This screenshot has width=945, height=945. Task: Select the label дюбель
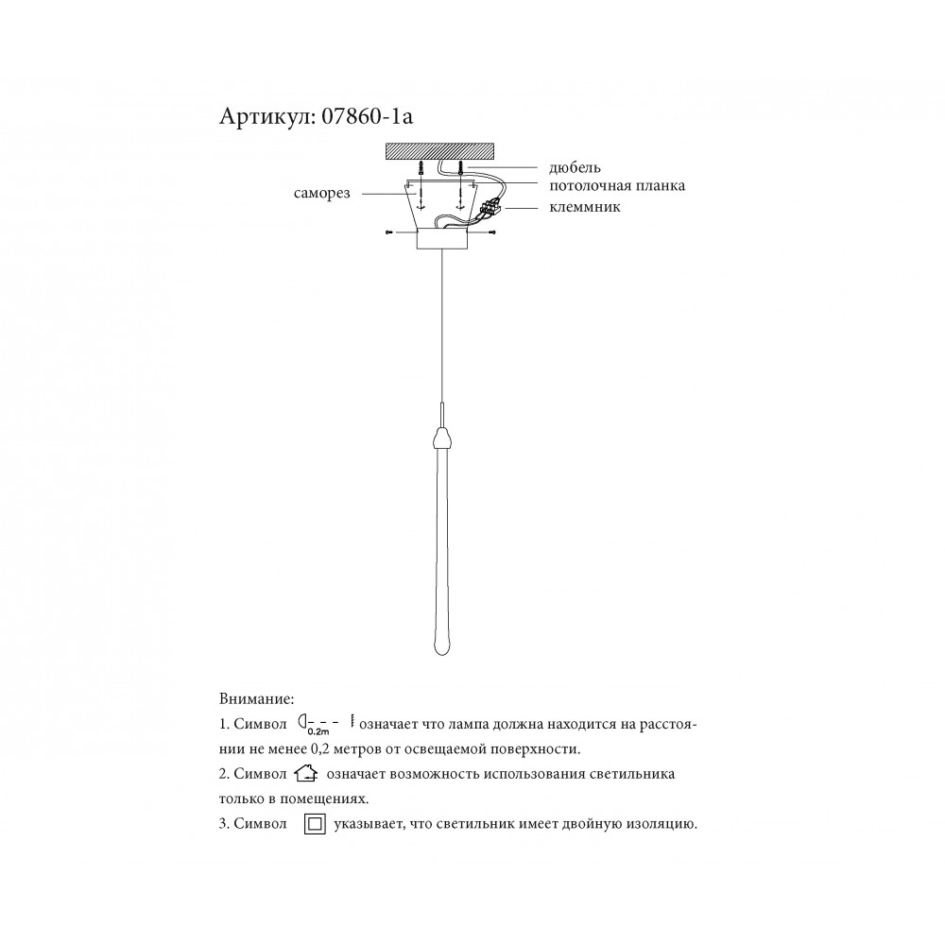(575, 168)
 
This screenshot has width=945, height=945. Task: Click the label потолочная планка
(617, 186)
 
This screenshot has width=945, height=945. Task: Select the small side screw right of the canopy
(493, 232)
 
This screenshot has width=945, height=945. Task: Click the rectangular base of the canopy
(441, 240)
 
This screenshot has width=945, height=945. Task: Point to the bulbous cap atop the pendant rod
(441, 437)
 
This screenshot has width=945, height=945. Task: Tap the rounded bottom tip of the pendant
(441, 647)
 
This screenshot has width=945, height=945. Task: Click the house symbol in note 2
(306, 775)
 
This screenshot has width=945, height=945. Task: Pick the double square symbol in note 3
(315, 824)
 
